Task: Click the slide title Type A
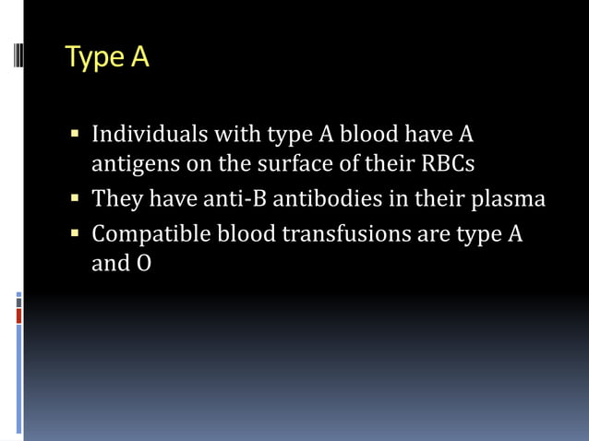pos(107,57)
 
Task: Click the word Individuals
pos(150,136)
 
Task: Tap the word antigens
pos(132,164)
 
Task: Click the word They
pos(117,198)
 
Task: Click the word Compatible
pos(150,233)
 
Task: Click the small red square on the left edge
pos(18,316)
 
